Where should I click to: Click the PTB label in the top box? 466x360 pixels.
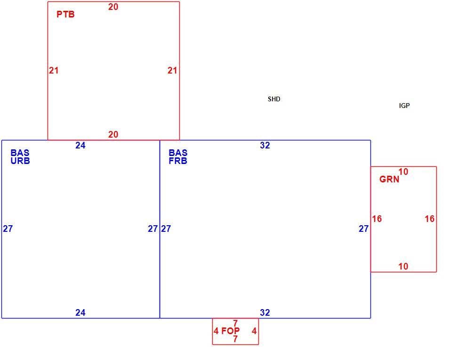65,14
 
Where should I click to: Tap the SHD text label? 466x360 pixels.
273,99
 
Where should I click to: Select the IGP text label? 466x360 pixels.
404,106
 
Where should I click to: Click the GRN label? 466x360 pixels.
389,179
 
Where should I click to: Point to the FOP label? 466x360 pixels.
230,331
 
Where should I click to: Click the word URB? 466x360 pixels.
20,161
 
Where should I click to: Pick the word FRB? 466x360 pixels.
178,161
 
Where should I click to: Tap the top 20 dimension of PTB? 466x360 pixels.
113,7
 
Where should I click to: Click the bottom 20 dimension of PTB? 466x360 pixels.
113,134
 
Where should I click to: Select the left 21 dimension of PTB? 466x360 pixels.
54,71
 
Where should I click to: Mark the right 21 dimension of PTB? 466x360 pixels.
172,71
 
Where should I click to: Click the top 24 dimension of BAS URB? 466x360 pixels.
80,145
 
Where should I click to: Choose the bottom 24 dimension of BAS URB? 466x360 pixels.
80,312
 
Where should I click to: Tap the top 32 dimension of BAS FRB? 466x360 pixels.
265,145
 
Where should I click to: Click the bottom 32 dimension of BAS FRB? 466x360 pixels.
265,312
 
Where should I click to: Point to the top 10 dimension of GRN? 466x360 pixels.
403,172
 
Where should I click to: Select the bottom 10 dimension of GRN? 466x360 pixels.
403,266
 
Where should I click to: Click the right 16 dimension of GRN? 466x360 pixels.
430,219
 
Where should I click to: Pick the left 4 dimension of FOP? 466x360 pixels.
216,331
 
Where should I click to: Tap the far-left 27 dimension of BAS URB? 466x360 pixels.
8,229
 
